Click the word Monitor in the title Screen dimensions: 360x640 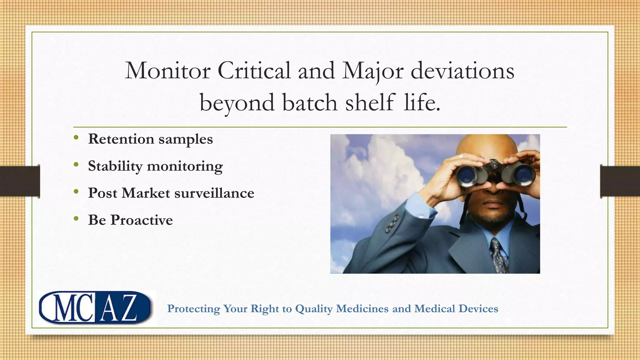[167, 71]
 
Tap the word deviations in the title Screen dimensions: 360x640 [462, 71]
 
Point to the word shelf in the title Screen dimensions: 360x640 [370, 102]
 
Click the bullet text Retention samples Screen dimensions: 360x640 [150, 139]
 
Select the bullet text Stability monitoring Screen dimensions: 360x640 [155, 166]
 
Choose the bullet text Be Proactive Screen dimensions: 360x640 [130, 220]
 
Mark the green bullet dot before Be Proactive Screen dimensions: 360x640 [76, 219]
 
